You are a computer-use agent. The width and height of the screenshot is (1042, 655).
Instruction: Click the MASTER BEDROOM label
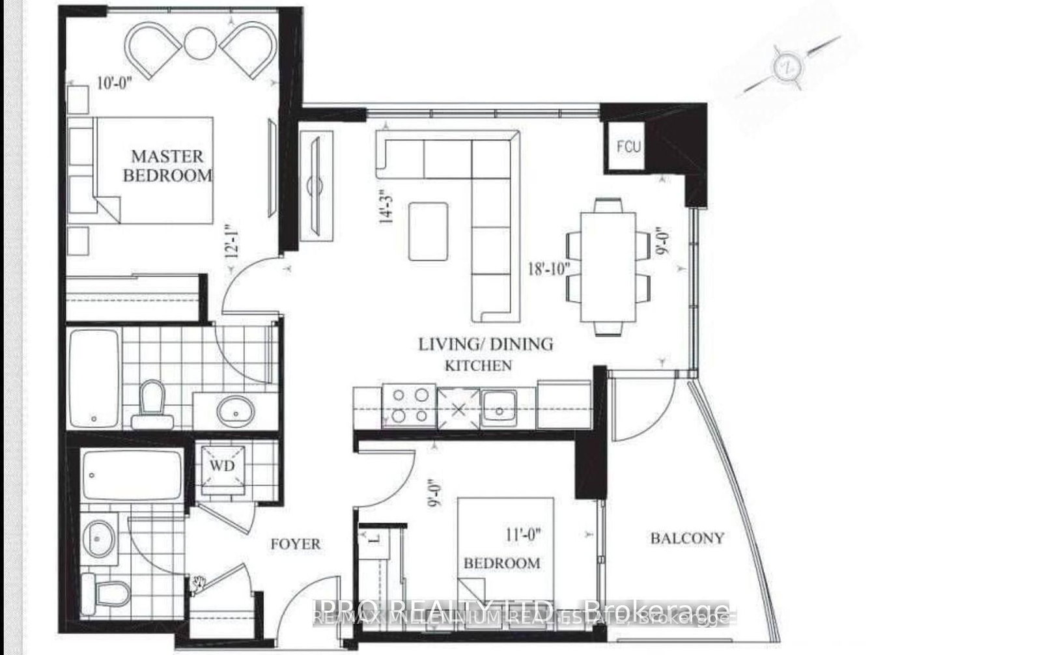[167, 165]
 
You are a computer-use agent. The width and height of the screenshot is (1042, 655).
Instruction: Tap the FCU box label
[628, 146]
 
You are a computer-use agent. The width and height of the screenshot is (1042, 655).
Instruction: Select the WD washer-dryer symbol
[221, 466]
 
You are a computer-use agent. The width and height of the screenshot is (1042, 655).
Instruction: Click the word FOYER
[296, 544]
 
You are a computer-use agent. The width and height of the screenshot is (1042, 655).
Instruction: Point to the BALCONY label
[687, 538]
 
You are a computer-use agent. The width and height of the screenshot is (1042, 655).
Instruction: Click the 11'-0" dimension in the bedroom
[524, 535]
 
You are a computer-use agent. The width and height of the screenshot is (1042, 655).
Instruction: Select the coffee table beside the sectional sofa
[429, 231]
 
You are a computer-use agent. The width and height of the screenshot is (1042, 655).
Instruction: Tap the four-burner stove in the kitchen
[409, 405]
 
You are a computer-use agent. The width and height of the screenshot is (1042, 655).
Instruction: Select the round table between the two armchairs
[201, 43]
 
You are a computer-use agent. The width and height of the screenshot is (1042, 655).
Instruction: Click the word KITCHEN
[478, 365]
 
